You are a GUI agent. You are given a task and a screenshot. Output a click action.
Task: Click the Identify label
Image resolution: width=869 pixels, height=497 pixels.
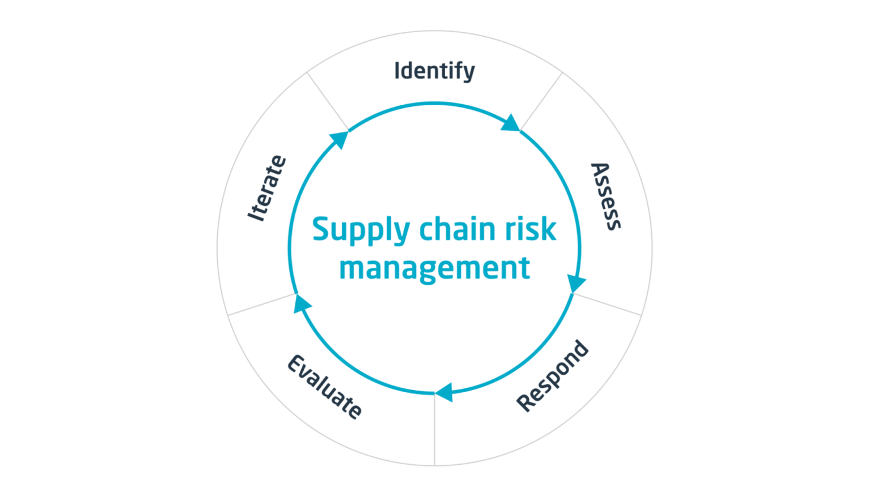point(434,71)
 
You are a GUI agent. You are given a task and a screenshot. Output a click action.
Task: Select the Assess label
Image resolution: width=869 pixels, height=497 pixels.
point(605,196)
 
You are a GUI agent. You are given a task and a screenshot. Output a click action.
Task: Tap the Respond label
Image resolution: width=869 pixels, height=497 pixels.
point(552,376)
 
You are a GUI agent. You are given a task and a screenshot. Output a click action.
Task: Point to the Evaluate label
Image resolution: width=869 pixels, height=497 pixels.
point(325,387)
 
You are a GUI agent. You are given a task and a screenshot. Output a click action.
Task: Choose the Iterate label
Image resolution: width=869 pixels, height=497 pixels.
point(267,188)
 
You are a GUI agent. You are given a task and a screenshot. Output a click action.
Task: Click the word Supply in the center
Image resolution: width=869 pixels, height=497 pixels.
point(361,230)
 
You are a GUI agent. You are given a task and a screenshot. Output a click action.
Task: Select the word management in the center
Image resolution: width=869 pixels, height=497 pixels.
point(434,269)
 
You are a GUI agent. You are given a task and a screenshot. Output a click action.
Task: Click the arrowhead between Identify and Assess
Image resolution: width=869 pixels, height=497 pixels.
point(510,123)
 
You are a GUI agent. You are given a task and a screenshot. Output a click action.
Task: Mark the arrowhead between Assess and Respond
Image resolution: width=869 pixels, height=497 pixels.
point(576,283)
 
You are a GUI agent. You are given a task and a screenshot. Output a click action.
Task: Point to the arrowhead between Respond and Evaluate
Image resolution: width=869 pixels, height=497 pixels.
point(445,392)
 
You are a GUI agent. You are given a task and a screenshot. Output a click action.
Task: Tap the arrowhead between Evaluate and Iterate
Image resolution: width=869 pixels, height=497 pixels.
point(302,303)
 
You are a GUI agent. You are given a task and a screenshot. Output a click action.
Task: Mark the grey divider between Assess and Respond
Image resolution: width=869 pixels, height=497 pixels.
point(607,305)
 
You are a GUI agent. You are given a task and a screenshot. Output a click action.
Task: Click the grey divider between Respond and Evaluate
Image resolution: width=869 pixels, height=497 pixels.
point(434,430)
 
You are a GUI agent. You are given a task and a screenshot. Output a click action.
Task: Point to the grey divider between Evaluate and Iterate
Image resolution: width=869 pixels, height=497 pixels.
point(262,305)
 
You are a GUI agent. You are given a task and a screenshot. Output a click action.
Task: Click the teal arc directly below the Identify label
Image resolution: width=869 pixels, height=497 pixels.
point(434,104)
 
